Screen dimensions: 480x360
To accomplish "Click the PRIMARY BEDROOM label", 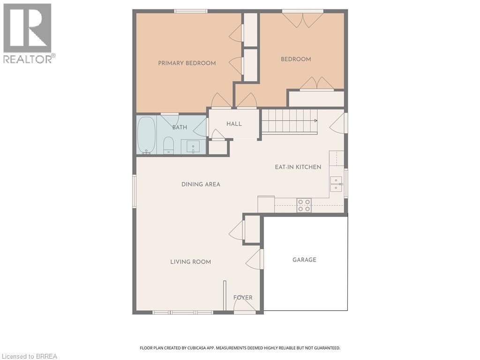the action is pos(187,63).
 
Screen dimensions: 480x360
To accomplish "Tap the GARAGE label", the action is pos(304,260).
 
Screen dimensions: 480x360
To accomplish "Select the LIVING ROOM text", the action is pos(190,262).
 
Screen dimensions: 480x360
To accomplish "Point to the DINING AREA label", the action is pos(201,184).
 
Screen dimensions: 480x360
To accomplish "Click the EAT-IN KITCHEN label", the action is pos(298,167).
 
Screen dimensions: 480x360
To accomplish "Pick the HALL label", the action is pos(234,124).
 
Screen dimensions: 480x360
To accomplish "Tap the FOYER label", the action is pos(243,298).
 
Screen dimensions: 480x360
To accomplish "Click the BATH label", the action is pos(180,127).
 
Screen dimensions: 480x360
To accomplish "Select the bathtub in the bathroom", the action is pos(146,135).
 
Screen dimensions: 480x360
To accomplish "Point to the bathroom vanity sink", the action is pos(193,147).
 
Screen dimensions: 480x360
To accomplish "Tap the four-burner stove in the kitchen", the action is pos(304,205).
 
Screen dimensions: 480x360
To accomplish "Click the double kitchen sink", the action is pos(336,184).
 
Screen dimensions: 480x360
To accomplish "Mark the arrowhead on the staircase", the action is pos(315,120).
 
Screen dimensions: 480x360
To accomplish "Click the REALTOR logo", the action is pos(29,33).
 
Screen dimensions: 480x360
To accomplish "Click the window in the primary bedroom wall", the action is pos(191,11).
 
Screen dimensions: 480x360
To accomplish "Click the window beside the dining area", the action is pos(134,191).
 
